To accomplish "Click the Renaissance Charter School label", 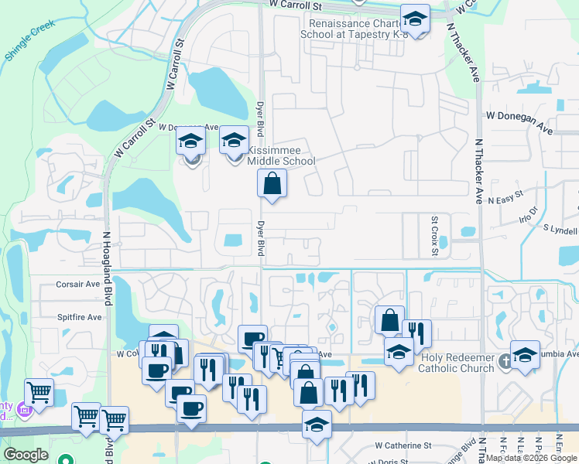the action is [352, 29].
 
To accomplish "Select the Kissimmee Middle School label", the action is [281, 155].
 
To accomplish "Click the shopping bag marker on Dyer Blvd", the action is [272, 184].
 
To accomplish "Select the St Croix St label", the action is [435, 237].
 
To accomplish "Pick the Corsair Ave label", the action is [78, 284].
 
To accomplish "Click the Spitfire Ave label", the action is [80, 317].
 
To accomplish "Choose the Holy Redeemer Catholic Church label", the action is [456, 363].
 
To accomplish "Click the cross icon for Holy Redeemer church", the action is [505, 360].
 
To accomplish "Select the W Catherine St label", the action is [403, 445].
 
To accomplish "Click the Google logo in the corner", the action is [26, 455].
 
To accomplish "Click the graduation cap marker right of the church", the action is [526, 355].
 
